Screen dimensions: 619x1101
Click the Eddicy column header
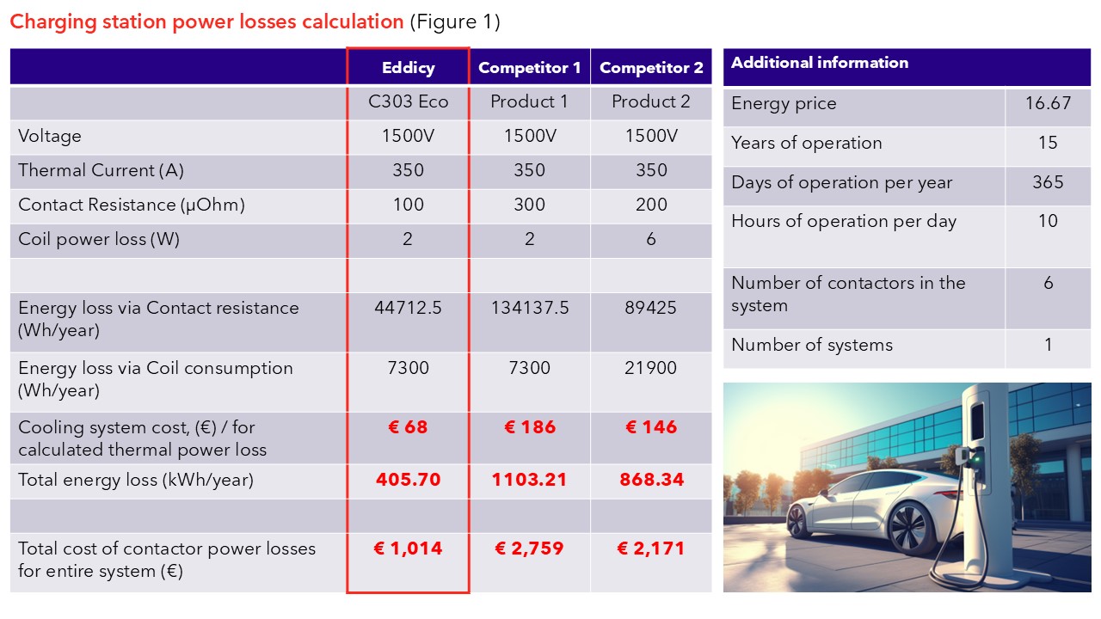[408, 68]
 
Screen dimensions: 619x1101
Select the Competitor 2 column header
[651, 68]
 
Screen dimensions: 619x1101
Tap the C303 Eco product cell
[408, 101]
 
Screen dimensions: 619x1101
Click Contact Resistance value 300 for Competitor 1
[529, 205]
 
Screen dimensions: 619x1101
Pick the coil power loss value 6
[651, 239]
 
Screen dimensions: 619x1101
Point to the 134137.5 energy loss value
[529, 308]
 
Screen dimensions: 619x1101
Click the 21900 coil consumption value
[651, 368]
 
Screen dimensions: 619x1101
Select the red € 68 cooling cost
[408, 427]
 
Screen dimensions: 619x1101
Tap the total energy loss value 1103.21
[529, 480]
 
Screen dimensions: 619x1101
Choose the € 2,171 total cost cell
[651, 549]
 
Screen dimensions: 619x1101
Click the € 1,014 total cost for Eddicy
[408, 549]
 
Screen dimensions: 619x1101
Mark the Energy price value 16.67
[1048, 103]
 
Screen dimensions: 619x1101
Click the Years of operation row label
[806, 143]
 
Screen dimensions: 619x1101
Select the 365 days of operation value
[1048, 182]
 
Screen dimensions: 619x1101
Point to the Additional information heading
[819, 63]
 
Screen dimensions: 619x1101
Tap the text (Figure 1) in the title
[454, 21]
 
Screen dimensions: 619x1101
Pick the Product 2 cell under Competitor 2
[651, 101]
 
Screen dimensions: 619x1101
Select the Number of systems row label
[812, 345]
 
